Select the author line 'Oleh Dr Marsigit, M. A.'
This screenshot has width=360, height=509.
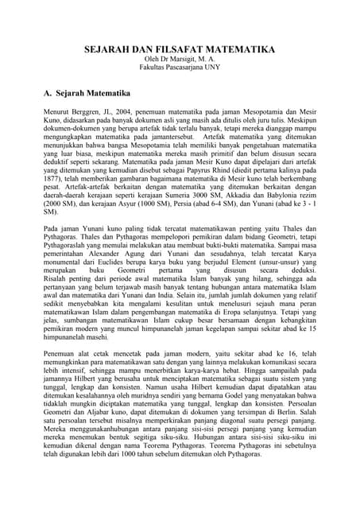coord(180,60)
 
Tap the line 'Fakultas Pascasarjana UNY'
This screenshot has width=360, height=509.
coord(180,69)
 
